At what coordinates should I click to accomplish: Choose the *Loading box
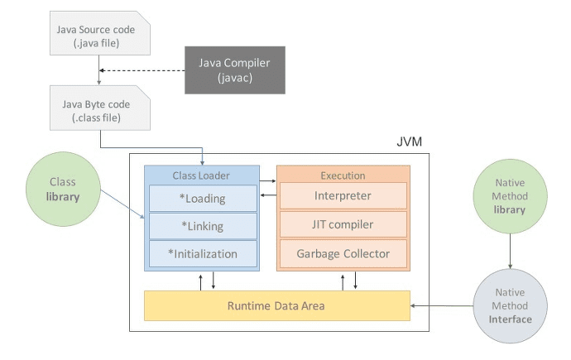click(x=203, y=198)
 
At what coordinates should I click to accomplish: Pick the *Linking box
click(x=203, y=226)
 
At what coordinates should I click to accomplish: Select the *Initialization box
click(x=203, y=254)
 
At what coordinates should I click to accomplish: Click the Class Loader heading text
click(x=203, y=175)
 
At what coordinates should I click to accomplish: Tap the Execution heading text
click(x=343, y=175)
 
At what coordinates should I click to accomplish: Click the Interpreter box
click(x=343, y=196)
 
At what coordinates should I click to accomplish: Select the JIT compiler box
click(x=343, y=224)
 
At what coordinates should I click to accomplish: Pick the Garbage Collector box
click(x=343, y=253)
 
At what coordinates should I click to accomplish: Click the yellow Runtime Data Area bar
click(x=277, y=306)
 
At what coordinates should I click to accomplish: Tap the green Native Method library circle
click(x=509, y=196)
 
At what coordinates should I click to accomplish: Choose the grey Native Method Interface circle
click(x=509, y=305)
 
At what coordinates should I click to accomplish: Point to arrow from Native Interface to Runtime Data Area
click(x=443, y=306)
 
